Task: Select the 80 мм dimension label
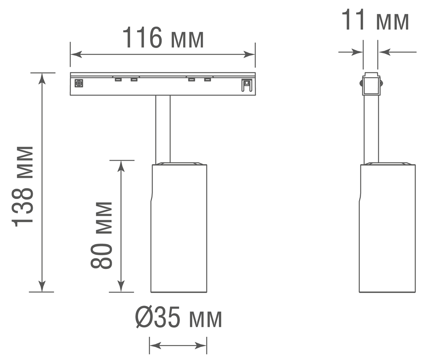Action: [x=102, y=235]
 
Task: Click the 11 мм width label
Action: [x=375, y=21]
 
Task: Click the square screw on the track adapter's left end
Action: [x=79, y=83]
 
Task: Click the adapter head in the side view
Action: [x=370, y=84]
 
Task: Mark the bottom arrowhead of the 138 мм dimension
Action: [x=42, y=286]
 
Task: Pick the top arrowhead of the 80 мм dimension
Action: [x=121, y=166]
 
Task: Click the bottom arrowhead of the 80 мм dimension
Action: [x=121, y=287]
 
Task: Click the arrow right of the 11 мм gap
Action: [x=384, y=52]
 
